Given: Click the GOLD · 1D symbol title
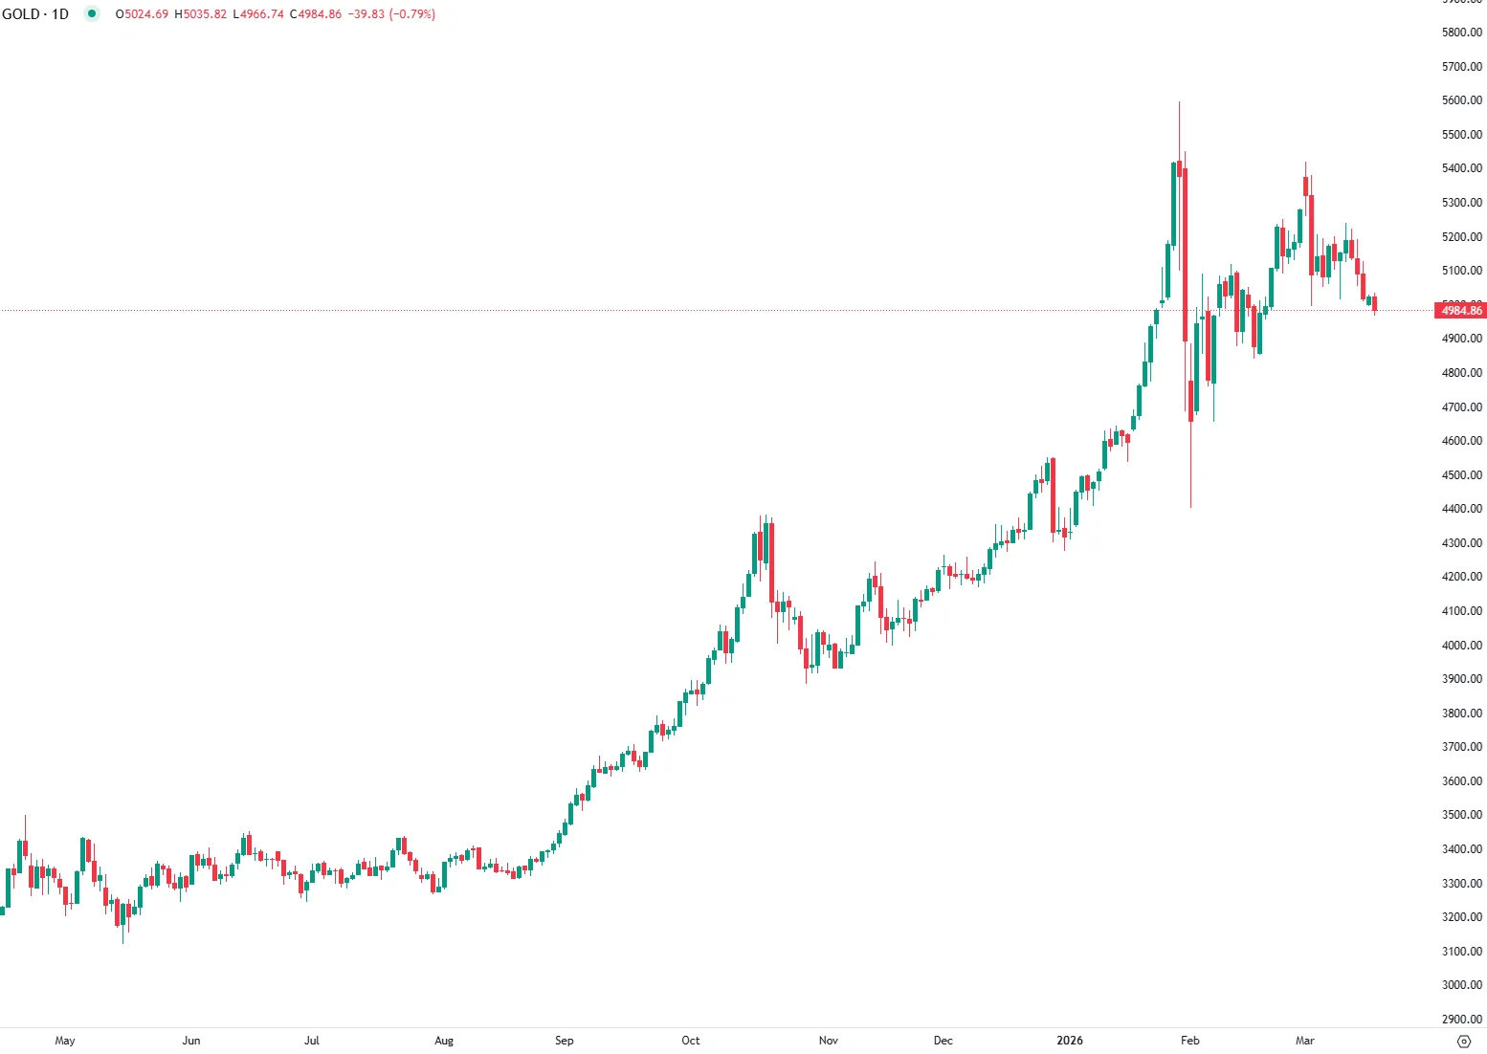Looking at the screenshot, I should [x=35, y=14].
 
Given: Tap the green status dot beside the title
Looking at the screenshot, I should [x=92, y=14].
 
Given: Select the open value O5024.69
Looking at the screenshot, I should [x=142, y=14].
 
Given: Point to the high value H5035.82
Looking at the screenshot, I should [x=201, y=14].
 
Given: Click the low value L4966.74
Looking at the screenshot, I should [x=258, y=14].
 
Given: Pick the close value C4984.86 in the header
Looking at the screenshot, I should [x=316, y=14].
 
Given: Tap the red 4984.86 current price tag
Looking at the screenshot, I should [x=1461, y=310].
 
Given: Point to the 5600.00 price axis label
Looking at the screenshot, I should [x=1461, y=100].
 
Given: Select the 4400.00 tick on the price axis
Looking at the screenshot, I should [x=1461, y=509].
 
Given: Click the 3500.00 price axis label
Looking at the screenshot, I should [x=1461, y=815].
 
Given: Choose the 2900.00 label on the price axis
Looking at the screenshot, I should [x=1461, y=1019].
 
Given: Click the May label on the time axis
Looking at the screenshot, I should [x=65, y=1041].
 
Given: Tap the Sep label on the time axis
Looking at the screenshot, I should [x=565, y=1041].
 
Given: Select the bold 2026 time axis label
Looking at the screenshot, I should [x=1070, y=1041].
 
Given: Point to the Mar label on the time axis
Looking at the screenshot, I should [x=1304, y=1041].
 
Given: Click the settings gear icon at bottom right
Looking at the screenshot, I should [x=1463, y=1042].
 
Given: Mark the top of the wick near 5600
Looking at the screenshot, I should [x=1179, y=102].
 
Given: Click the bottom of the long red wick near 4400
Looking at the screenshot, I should [x=1190, y=506].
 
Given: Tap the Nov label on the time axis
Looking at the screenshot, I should [x=829, y=1041].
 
